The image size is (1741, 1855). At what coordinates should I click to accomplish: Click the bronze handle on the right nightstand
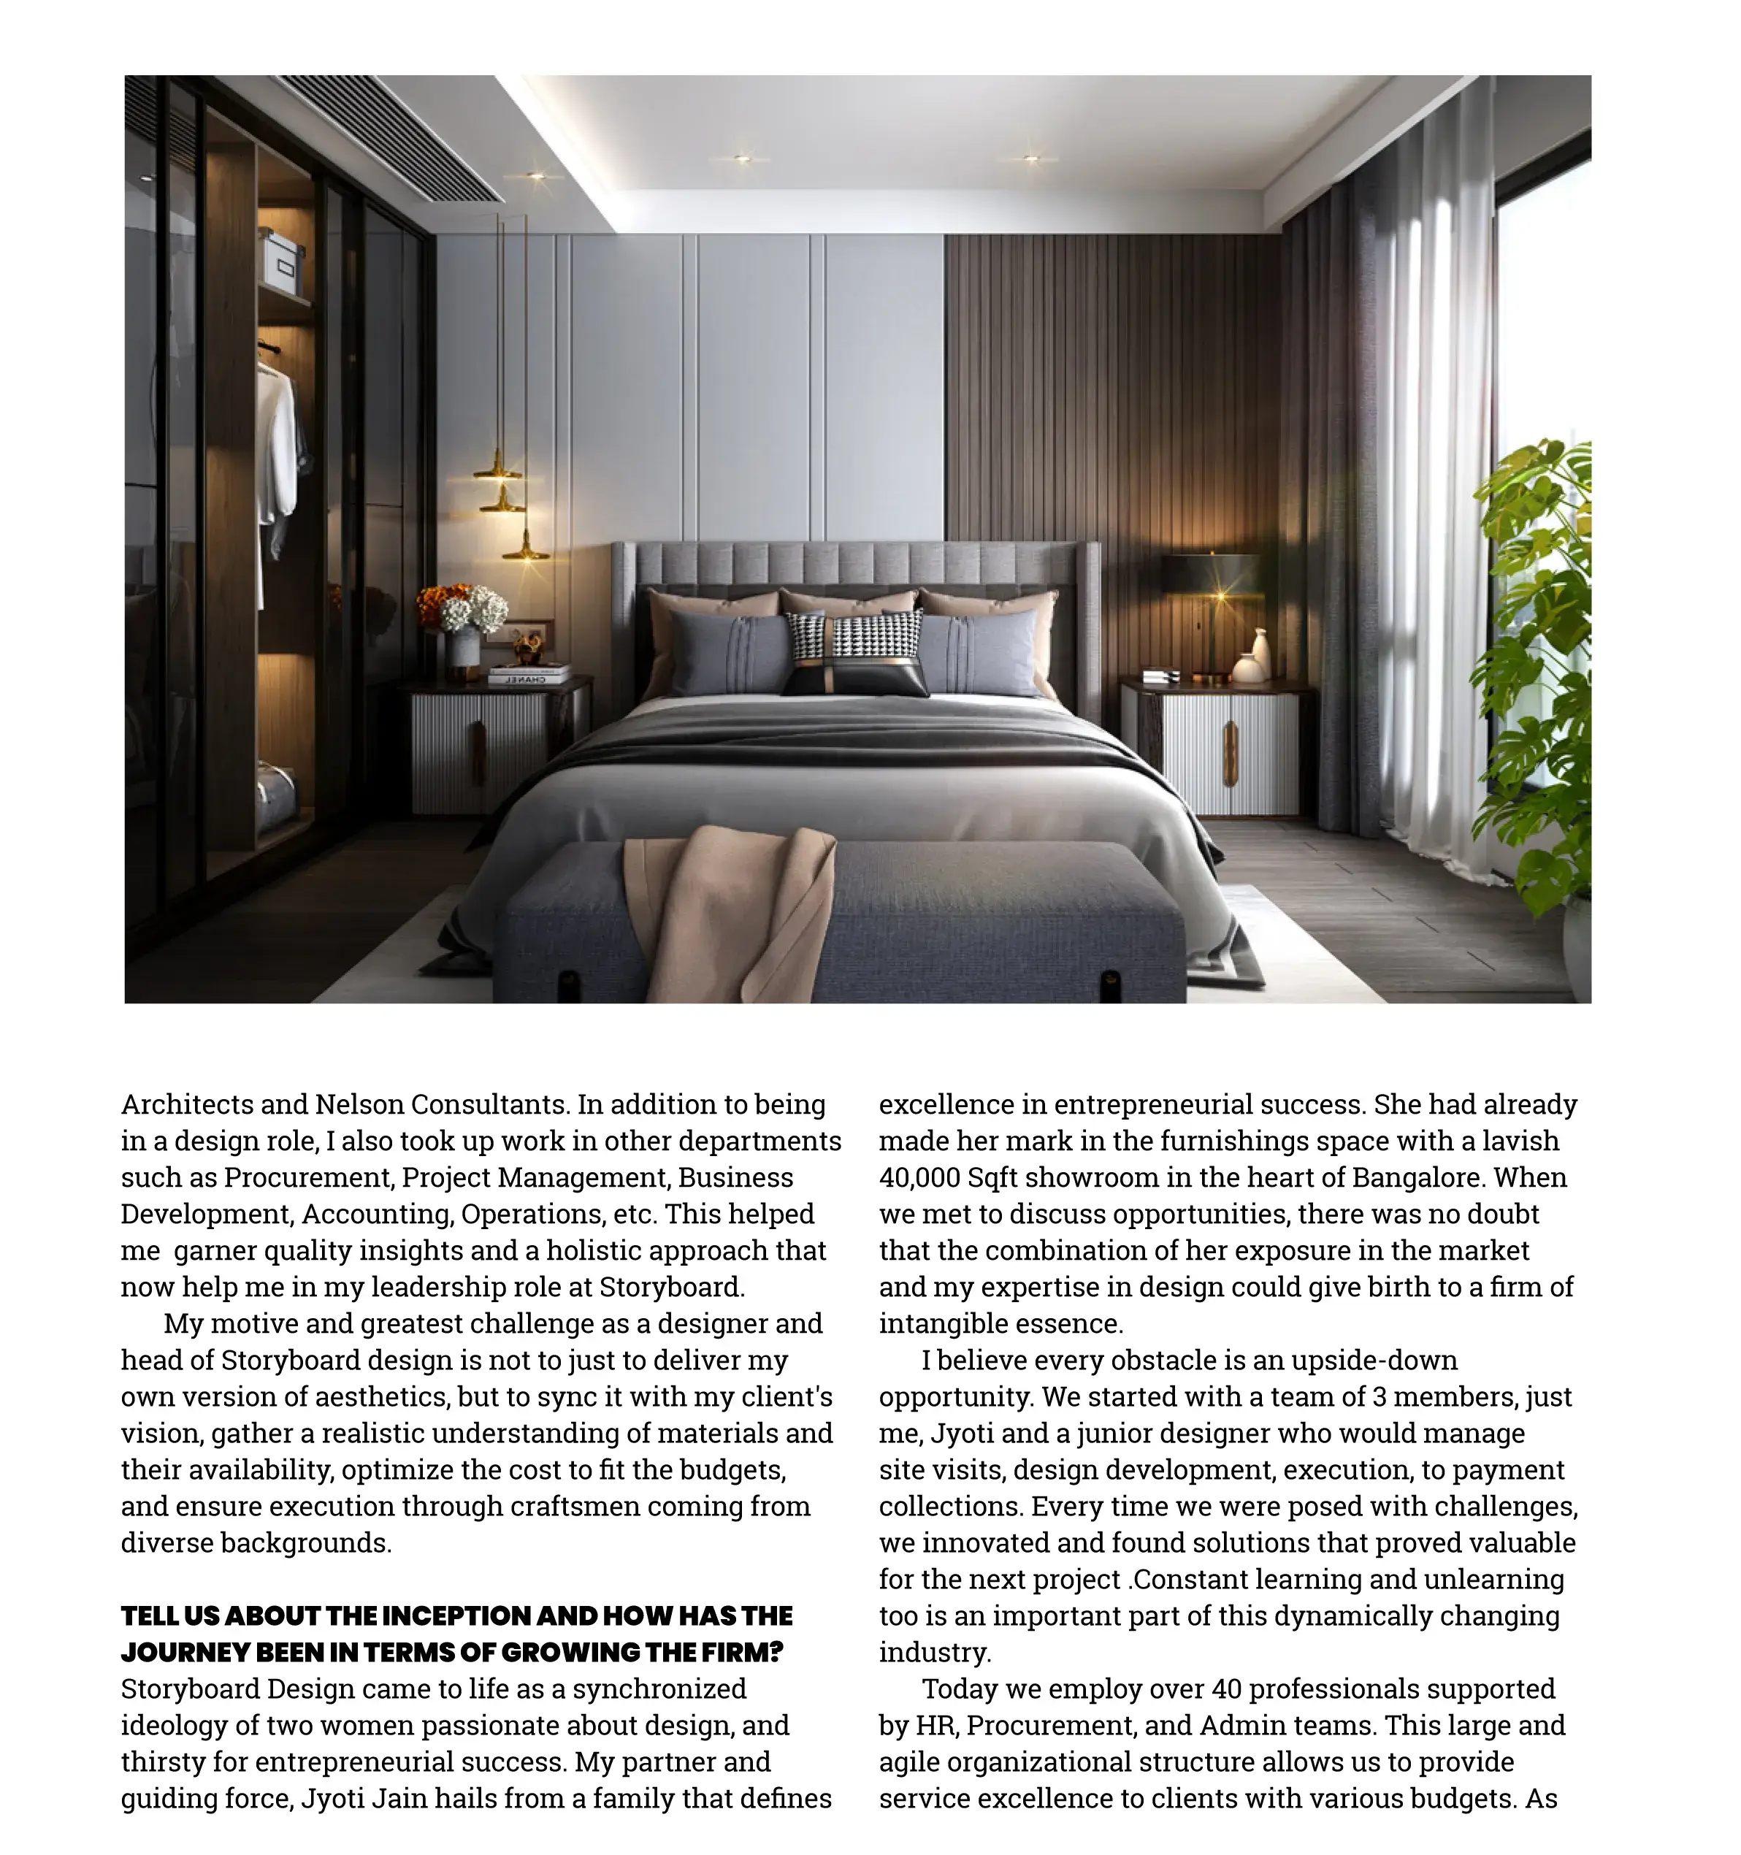pyautogui.click(x=1231, y=753)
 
